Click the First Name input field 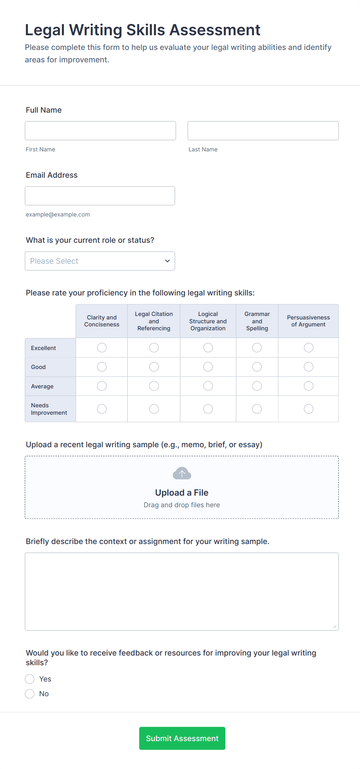(100, 130)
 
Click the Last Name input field (263, 130)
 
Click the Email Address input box (100, 196)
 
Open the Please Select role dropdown (100, 261)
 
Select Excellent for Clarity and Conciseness (102, 348)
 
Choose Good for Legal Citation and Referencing (154, 367)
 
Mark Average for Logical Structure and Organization (208, 386)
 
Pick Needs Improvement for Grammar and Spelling (257, 409)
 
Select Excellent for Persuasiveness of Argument (309, 348)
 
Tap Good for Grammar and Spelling (257, 367)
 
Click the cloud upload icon (182, 473)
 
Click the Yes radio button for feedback (30, 679)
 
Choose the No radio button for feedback (30, 693)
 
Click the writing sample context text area (182, 591)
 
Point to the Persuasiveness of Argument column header (308, 321)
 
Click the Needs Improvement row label (49, 409)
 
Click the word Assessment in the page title (215, 30)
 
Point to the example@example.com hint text (58, 215)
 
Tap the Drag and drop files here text (182, 505)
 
